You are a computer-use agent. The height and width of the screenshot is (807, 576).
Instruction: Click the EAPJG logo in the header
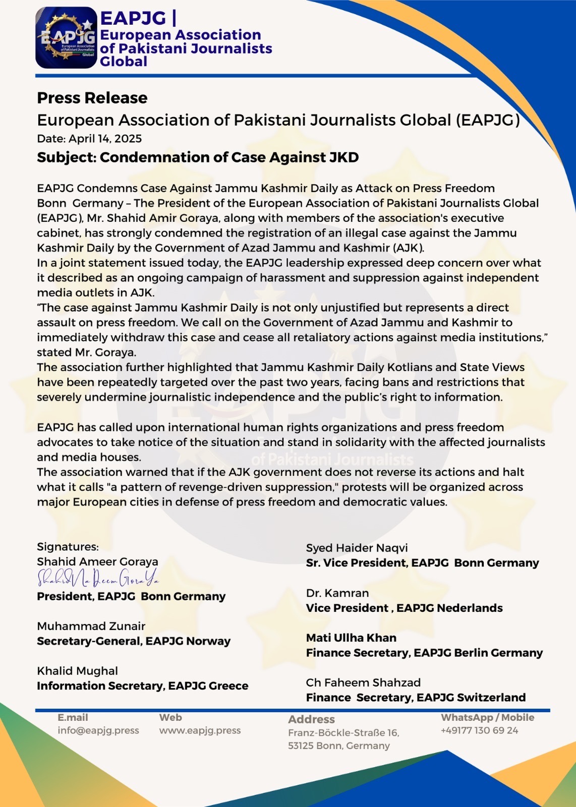[66, 38]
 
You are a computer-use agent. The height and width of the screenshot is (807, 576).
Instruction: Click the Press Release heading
[92, 98]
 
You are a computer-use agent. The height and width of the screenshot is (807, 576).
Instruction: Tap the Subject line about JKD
[198, 157]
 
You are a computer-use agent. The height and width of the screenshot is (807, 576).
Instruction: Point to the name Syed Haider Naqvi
[357, 548]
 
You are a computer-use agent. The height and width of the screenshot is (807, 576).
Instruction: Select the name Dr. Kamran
[337, 593]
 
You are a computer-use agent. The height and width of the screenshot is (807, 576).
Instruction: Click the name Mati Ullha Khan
[351, 638]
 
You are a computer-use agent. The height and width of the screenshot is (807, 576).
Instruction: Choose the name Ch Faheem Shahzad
[363, 683]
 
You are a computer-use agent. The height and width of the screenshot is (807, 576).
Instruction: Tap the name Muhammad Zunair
[91, 626]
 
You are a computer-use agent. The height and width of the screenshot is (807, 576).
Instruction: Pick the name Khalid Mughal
[77, 671]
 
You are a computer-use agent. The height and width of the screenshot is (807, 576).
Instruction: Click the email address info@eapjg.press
[98, 730]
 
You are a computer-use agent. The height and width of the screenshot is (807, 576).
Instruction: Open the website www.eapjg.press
[200, 730]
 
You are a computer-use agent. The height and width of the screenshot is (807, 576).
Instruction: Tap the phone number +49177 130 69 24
[479, 730]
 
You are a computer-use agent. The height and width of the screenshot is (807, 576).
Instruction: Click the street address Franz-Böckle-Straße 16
[343, 733]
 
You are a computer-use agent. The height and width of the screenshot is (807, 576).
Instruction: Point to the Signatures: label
[68, 547]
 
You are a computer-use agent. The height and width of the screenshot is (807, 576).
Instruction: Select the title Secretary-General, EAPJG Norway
[134, 642]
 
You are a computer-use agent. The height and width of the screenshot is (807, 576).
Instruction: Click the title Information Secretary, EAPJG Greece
[142, 686]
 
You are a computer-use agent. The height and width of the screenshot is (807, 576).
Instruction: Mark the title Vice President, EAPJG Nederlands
[404, 608]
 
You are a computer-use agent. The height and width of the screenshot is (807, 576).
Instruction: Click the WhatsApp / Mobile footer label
[487, 718]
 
